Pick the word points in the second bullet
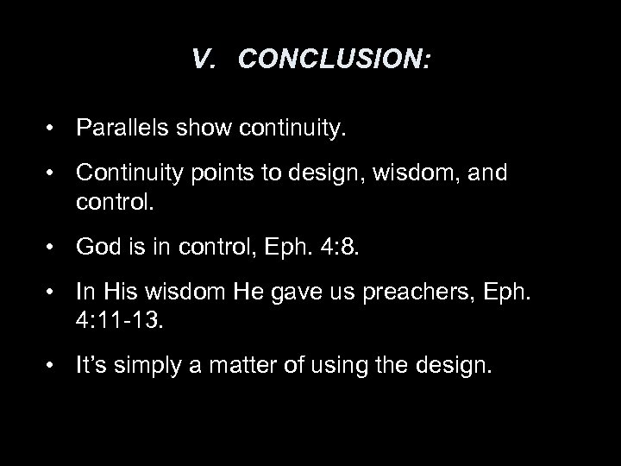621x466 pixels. click(210, 174)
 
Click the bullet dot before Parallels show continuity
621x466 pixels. click(54, 129)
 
